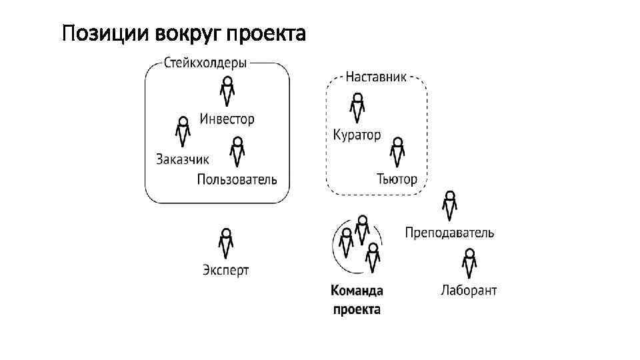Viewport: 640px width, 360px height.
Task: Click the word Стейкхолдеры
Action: click(x=205, y=63)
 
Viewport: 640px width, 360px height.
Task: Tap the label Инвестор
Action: click(x=227, y=120)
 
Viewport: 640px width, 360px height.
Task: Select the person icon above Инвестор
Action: click(x=228, y=91)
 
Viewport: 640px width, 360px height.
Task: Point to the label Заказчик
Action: click(x=183, y=159)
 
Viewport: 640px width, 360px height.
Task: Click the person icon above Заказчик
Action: click(x=183, y=131)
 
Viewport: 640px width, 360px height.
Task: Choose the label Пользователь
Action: click(x=237, y=179)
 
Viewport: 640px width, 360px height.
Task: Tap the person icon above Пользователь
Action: click(x=237, y=152)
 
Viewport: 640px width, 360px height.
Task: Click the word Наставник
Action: click(x=376, y=77)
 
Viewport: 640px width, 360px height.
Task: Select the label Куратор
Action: click(x=357, y=135)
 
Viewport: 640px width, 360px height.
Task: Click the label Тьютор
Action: click(x=397, y=179)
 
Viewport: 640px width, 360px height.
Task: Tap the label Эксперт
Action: click(x=226, y=270)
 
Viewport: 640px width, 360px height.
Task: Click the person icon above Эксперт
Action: click(x=227, y=243)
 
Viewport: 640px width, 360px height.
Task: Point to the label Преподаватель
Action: click(x=449, y=233)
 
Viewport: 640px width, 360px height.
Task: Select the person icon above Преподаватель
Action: click(x=450, y=205)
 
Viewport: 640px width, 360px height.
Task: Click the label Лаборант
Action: click(x=469, y=291)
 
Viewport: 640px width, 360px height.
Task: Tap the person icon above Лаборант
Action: click(x=469, y=263)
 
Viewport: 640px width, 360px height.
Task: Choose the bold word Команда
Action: click(x=357, y=291)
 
